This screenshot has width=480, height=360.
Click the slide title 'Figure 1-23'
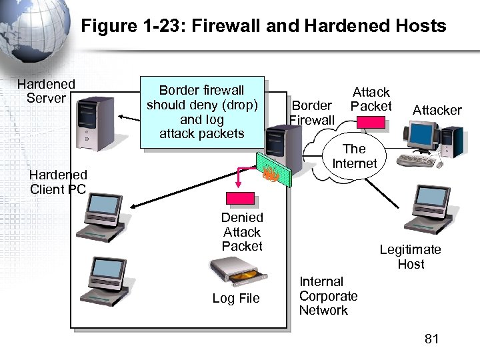coord(263,26)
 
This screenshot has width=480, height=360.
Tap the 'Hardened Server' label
coord(46,91)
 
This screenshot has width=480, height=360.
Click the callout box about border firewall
coord(202,111)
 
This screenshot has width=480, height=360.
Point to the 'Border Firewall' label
coord(311,113)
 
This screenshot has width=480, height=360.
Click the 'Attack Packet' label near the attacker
coord(371,99)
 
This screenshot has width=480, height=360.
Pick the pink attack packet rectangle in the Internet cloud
coord(371,122)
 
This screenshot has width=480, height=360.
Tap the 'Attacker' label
coord(437,110)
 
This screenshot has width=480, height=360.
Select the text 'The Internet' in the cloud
coord(354,156)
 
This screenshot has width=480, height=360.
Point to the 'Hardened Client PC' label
coord(58,182)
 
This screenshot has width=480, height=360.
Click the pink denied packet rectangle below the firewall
coord(241,198)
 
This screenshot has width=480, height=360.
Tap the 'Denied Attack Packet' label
coord(242,232)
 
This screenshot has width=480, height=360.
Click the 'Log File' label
coord(236,298)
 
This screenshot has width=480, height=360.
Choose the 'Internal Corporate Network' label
coord(328,296)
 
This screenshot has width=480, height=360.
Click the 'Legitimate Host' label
coord(410,257)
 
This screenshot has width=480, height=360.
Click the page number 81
coord(432,339)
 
